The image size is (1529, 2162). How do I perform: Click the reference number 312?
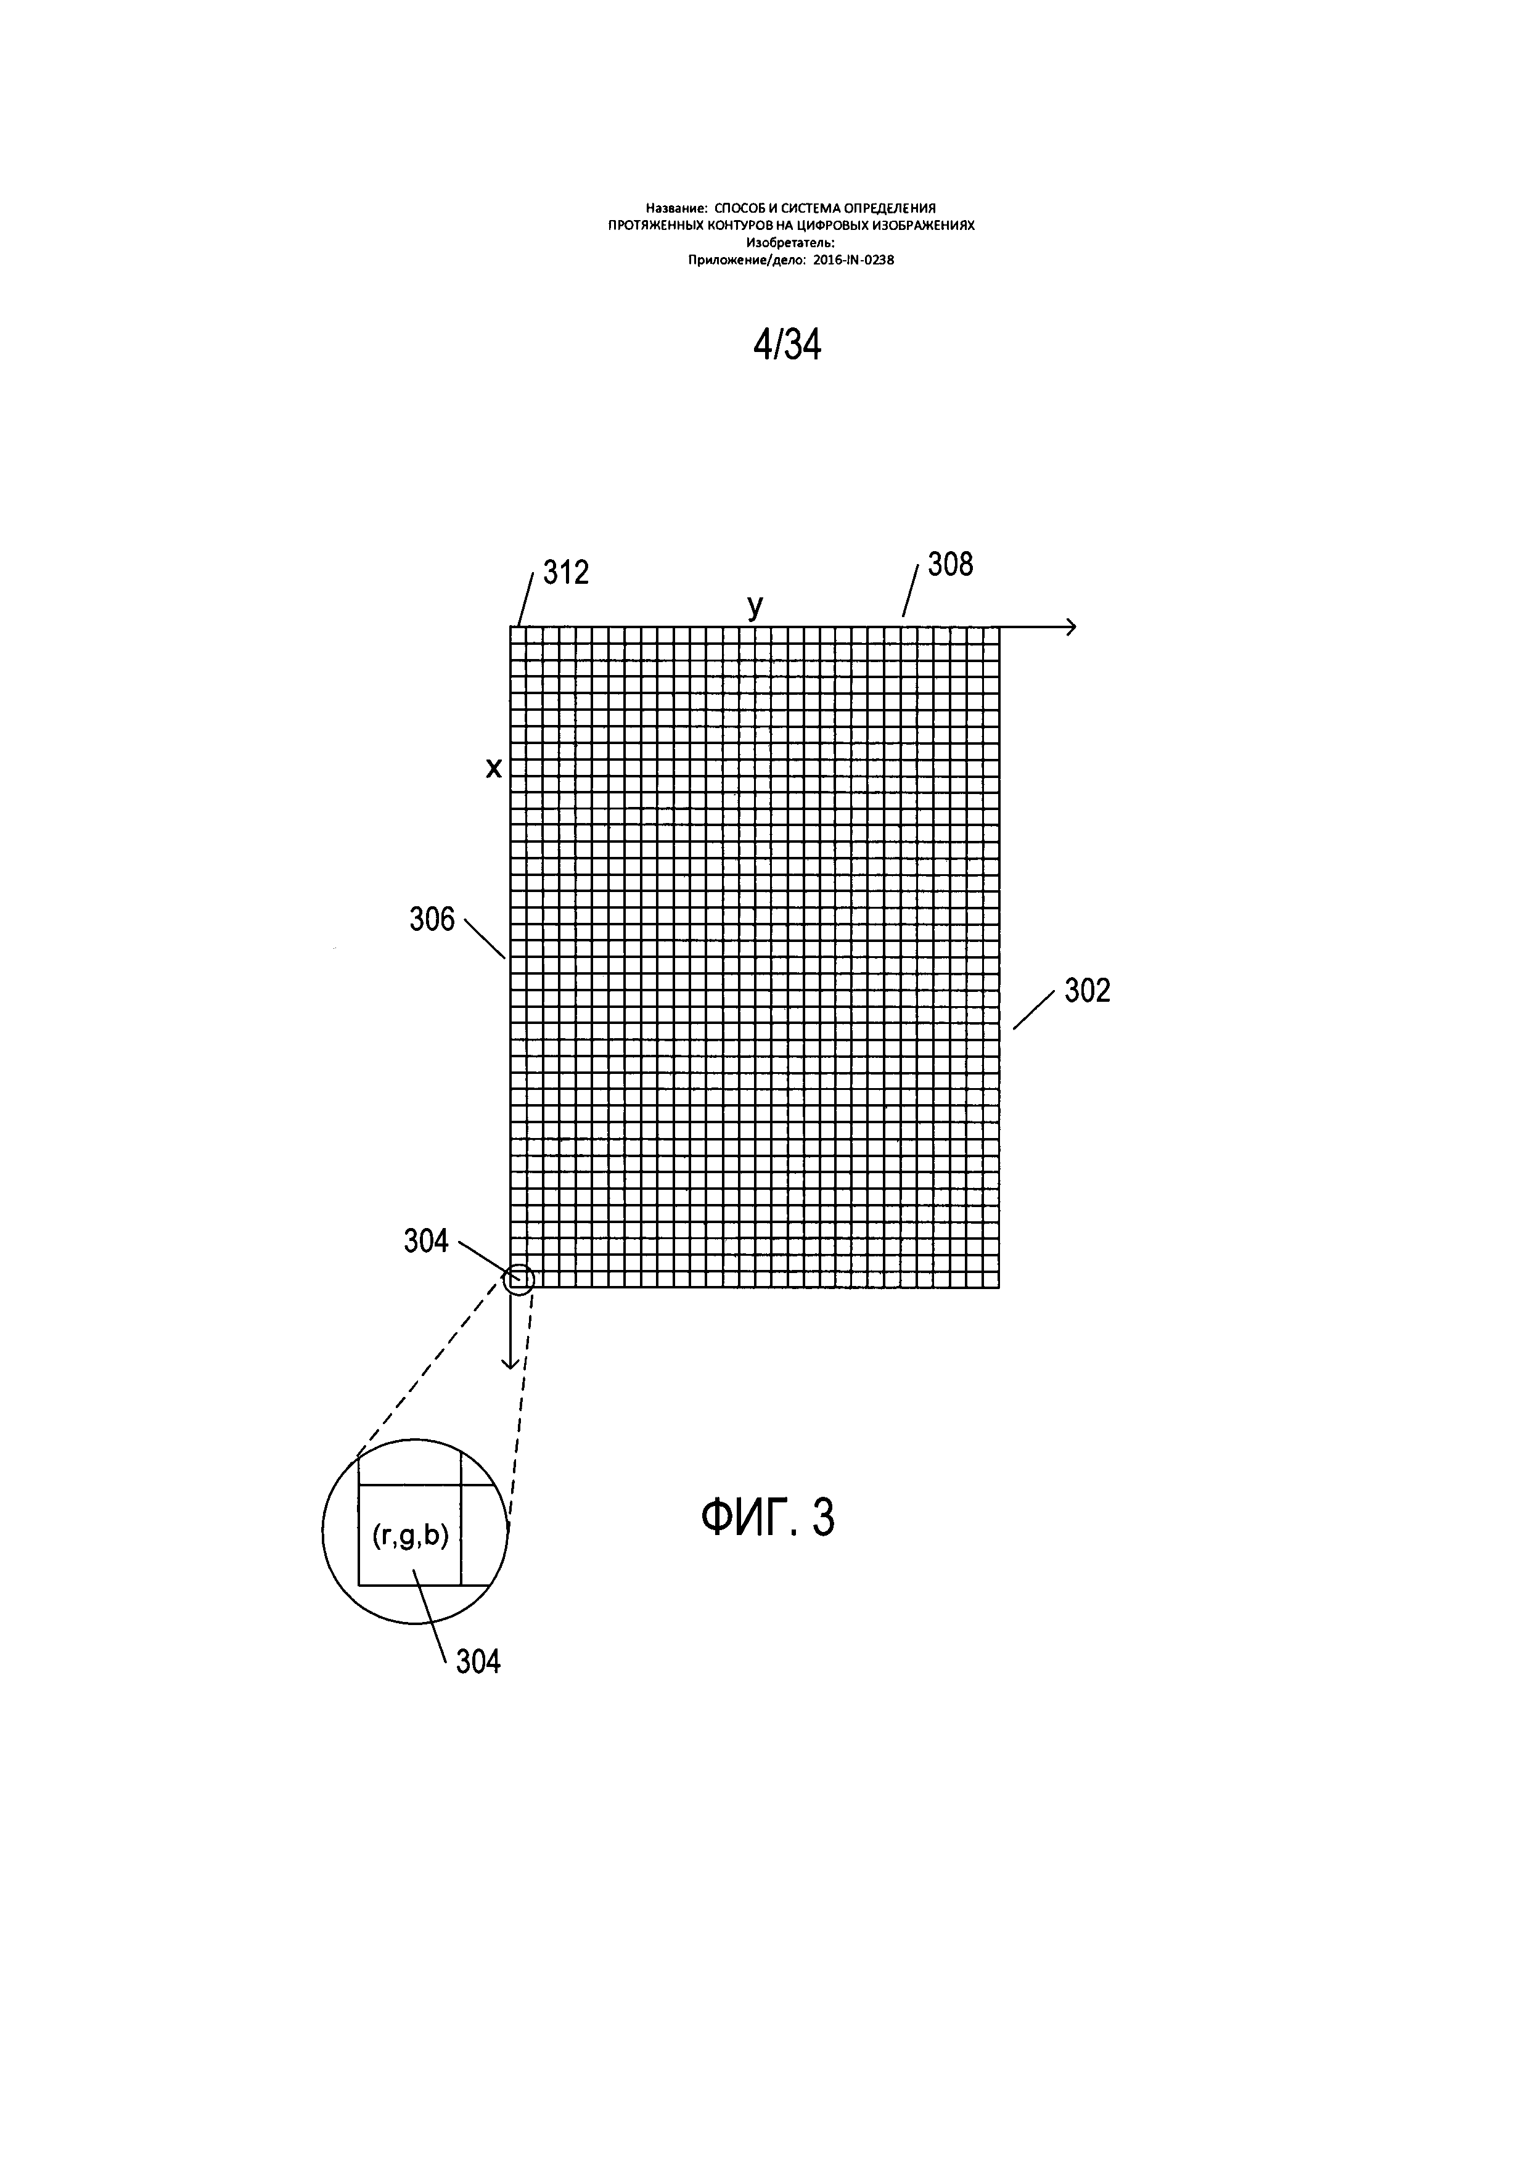pyautogui.click(x=566, y=573)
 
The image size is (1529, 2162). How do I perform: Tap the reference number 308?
pyautogui.click(x=950, y=565)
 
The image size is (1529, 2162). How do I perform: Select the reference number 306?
pyautogui.click(x=432, y=919)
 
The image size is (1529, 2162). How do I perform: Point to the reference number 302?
pyautogui.click(x=1088, y=991)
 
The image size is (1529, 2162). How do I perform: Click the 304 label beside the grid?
pyautogui.click(x=427, y=1241)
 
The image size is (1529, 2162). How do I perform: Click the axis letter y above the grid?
pyautogui.click(x=755, y=607)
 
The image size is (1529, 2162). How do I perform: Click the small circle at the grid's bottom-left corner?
pyautogui.click(x=519, y=1279)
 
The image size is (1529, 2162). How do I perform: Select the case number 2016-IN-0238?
pyautogui.click(x=853, y=261)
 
